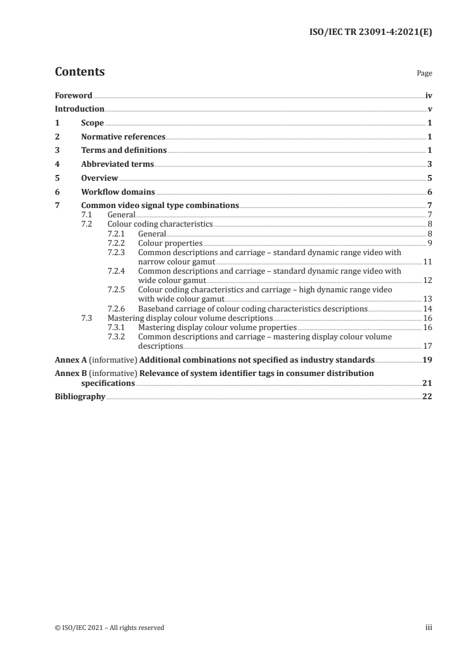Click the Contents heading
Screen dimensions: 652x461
pyautogui.click(x=80, y=72)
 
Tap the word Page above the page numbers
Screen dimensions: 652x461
pyautogui.click(x=424, y=74)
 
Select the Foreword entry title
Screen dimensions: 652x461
pyautogui.click(x=73, y=95)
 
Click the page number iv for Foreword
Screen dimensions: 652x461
pyautogui.click(x=428, y=95)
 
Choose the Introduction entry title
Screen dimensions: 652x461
pyautogui.click(x=80, y=109)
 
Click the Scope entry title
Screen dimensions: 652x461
pyautogui.click(x=92, y=123)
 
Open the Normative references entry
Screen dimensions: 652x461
pyautogui.click(x=123, y=137)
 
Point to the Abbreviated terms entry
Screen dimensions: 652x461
pyautogui.click(x=117, y=164)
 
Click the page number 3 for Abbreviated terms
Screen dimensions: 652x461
pyautogui.click(x=430, y=164)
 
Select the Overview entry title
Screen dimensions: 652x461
pyautogui.click(x=99, y=178)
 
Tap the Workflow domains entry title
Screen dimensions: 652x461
pyautogui.click(x=118, y=192)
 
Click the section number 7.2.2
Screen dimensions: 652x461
pyautogui.click(x=119, y=242)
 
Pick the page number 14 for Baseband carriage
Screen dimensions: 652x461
pyautogui.click(x=427, y=309)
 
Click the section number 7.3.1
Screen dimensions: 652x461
pyautogui.click(x=119, y=327)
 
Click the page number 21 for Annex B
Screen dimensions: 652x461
pyautogui.click(x=427, y=384)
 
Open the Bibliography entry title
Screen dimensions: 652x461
pyautogui.click(x=80, y=397)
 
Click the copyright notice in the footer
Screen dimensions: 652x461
pyautogui.click(x=109, y=628)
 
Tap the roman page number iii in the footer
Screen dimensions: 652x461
pyautogui.click(x=429, y=628)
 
